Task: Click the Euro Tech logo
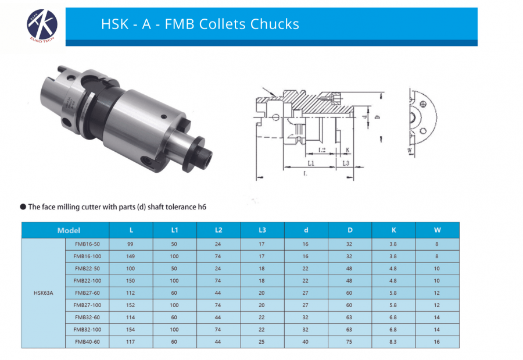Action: tap(41, 24)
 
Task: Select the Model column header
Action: tap(69, 230)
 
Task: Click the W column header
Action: tap(437, 230)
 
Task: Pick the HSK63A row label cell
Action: tap(44, 293)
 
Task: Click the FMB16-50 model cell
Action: tap(87, 244)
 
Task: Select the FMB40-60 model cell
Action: tap(87, 342)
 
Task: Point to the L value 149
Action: tap(131, 256)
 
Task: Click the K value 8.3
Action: tap(393, 342)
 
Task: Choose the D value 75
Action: tap(349, 342)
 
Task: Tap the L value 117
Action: tap(131, 342)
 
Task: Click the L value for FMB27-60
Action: tap(131, 293)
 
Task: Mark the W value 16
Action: tap(437, 342)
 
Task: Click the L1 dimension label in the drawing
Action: tap(310, 164)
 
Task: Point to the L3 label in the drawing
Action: tap(345, 164)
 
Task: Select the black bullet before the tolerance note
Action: tap(23, 206)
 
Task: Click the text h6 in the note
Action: tap(202, 206)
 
